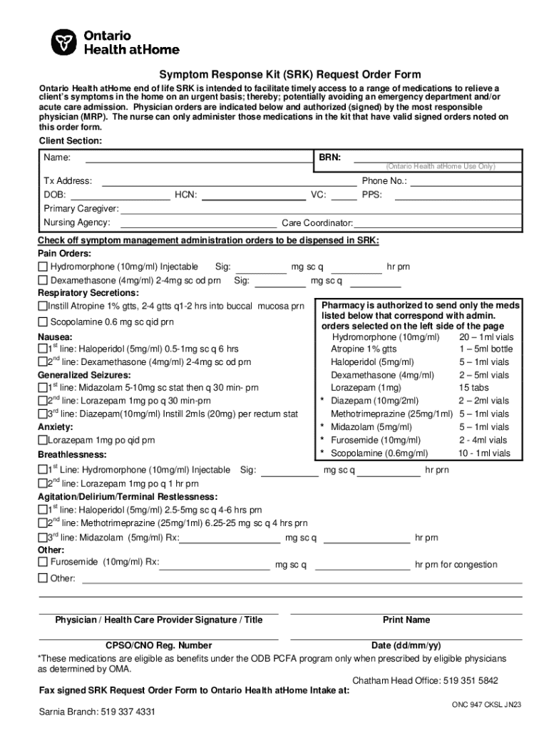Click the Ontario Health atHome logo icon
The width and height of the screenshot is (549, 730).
(x=63, y=43)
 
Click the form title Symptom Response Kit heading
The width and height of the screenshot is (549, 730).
(x=289, y=75)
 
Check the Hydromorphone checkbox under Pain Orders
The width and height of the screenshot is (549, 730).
(x=43, y=267)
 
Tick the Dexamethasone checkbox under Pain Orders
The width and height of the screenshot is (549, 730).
(x=43, y=280)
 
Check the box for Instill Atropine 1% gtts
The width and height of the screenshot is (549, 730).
(x=42, y=307)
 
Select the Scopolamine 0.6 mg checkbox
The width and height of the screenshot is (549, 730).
(x=43, y=322)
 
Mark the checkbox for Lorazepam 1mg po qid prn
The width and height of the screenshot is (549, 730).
(x=42, y=441)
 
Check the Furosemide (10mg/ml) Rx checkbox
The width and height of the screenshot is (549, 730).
(x=43, y=562)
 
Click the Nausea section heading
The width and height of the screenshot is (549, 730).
(x=54, y=336)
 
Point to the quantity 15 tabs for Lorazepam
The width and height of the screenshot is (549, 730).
(x=473, y=388)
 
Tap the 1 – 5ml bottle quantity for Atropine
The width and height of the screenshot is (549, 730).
(x=485, y=349)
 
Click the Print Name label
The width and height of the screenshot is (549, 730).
(x=406, y=620)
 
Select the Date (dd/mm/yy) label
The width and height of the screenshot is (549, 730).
(x=406, y=646)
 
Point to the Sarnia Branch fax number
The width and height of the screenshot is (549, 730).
(x=97, y=712)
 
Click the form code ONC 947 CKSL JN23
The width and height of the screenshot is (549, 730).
(x=486, y=704)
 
